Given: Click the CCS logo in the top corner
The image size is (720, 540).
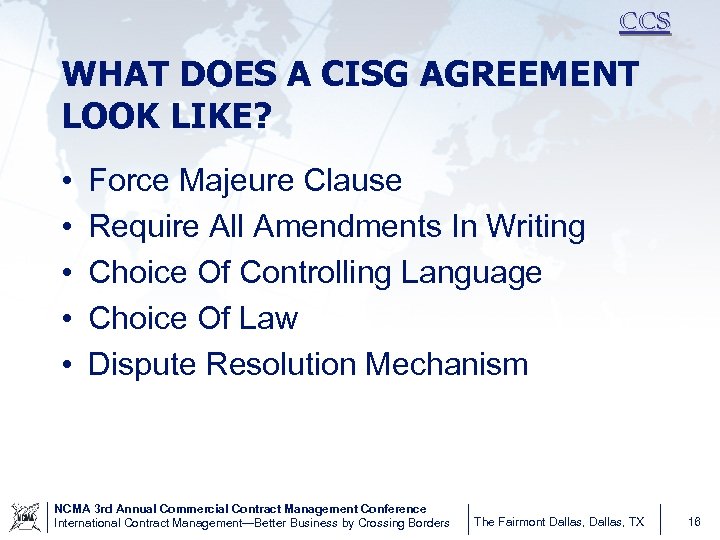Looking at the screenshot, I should pos(644,22).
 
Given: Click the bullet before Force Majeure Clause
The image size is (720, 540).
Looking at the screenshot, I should pos(64,182).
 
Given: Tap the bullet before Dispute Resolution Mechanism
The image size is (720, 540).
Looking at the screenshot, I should pos(64,365).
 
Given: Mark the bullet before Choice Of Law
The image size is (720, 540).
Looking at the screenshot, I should pos(64,319).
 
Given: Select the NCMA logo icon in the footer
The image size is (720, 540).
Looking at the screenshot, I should pos(24,516).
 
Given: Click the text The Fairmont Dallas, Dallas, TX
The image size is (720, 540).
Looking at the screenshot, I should pos(559,522).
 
